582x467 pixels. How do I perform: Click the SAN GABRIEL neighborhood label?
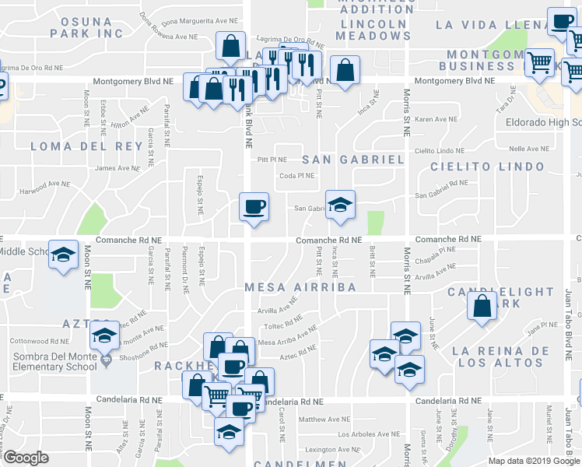tap(352, 160)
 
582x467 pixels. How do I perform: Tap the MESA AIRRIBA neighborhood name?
tap(300, 287)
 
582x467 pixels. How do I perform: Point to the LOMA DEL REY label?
tap(77, 146)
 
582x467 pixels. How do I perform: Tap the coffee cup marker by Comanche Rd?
tap(254, 207)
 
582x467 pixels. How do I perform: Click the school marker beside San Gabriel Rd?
tap(340, 205)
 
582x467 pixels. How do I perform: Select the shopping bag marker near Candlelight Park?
tap(482, 306)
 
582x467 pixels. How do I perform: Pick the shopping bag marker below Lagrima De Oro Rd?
tap(231, 47)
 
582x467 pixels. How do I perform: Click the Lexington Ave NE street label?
tap(327, 449)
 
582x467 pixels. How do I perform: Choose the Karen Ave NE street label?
tap(436, 119)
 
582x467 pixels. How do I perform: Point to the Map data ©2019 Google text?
tap(533, 460)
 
